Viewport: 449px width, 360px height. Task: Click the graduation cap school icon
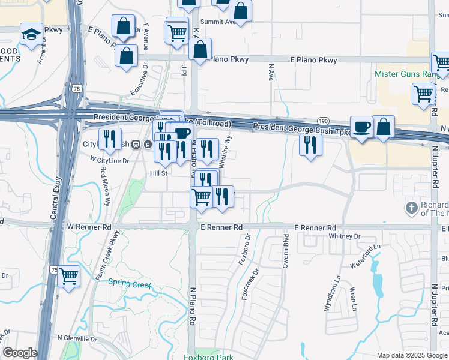[31, 34]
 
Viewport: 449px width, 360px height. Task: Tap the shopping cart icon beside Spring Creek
[69, 277]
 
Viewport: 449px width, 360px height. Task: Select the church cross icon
[411, 208]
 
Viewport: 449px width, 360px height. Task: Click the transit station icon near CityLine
[136, 145]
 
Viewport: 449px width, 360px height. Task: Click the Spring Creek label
[130, 284]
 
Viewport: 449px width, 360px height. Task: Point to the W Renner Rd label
[89, 227]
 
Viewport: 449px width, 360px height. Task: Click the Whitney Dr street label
[345, 236]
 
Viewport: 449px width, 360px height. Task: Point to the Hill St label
[157, 173]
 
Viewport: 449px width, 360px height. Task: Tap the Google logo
[20, 353]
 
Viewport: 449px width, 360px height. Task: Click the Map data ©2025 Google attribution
[411, 355]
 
